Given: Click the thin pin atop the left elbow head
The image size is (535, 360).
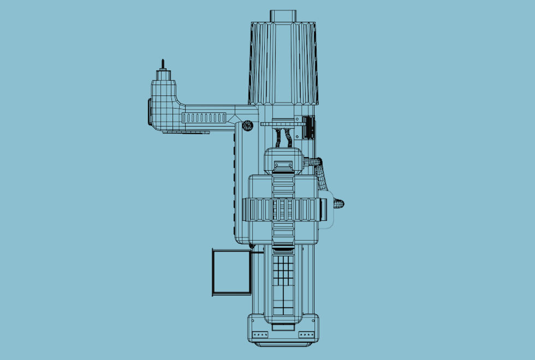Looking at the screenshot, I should [162, 64].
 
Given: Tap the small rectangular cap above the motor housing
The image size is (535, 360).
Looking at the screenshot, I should [283, 15].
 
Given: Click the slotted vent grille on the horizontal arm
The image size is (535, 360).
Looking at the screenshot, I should [204, 117].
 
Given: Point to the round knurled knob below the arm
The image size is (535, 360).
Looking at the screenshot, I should [247, 125].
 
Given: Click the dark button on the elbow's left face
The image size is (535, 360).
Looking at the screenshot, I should [148, 112].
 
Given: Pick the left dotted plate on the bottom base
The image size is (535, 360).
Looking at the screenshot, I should [259, 334].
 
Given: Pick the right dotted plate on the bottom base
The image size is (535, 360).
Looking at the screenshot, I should [306, 334].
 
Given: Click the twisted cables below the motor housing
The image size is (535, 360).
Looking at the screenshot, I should [284, 137].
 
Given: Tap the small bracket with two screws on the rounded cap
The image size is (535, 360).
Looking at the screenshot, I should [283, 165].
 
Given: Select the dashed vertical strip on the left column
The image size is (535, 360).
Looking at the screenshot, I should [235, 180].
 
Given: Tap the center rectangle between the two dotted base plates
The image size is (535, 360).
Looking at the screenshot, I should [283, 327].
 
